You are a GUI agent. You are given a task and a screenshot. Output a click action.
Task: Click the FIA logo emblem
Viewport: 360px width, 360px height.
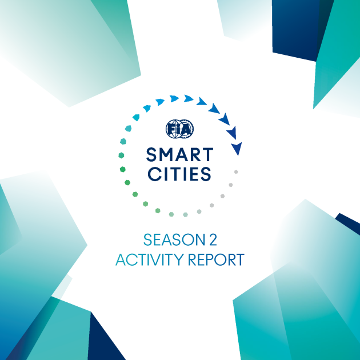(x=179, y=129)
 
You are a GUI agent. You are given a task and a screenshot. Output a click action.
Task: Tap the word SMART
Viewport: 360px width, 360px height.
(x=180, y=155)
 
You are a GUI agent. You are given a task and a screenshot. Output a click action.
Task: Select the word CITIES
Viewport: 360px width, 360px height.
(x=179, y=174)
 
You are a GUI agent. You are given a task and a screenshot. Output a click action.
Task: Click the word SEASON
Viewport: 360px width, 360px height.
(x=174, y=239)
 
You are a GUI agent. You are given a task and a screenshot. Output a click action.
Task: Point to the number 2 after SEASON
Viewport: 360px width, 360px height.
(x=213, y=239)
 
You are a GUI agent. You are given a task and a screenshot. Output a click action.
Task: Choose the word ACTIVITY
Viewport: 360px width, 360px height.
(x=150, y=259)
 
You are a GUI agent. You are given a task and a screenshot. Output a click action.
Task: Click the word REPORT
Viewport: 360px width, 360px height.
(x=216, y=259)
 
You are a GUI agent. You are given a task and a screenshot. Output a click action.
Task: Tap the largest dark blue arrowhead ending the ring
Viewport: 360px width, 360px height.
(x=237, y=149)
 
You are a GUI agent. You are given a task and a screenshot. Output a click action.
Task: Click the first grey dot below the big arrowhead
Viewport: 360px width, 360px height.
(x=236, y=172)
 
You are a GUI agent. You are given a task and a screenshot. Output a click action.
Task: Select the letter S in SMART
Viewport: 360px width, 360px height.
(x=151, y=155)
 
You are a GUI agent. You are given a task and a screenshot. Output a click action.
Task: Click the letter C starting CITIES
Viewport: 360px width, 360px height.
(x=153, y=174)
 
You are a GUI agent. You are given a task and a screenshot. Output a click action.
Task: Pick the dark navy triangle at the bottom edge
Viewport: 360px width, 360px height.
(x=106, y=338)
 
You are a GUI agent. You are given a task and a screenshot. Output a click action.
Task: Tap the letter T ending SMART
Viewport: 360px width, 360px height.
(x=208, y=155)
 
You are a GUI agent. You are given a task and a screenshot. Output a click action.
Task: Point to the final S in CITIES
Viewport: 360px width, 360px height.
(x=206, y=174)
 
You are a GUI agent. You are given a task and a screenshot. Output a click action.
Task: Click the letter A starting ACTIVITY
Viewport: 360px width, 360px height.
(x=121, y=259)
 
